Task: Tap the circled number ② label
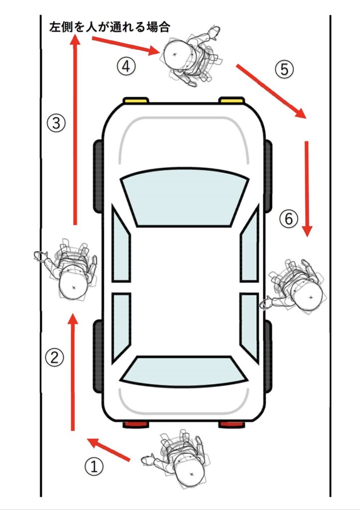[x=54, y=358]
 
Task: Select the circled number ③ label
[x=56, y=124]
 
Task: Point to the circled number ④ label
[x=126, y=66]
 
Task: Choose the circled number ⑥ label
[x=289, y=219]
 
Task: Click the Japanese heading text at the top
[x=110, y=27]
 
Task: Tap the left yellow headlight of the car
[x=135, y=100]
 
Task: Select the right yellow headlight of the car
[x=232, y=100]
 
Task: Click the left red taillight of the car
[x=136, y=424]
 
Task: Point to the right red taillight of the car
[x=232, y=424]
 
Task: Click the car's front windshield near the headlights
[x=185, y=197]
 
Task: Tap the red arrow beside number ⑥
[x=307, y=189]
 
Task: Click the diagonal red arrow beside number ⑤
[x=271, y=92]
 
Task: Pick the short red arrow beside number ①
[x=108, y=450]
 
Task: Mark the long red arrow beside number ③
[x=76, y=130]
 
